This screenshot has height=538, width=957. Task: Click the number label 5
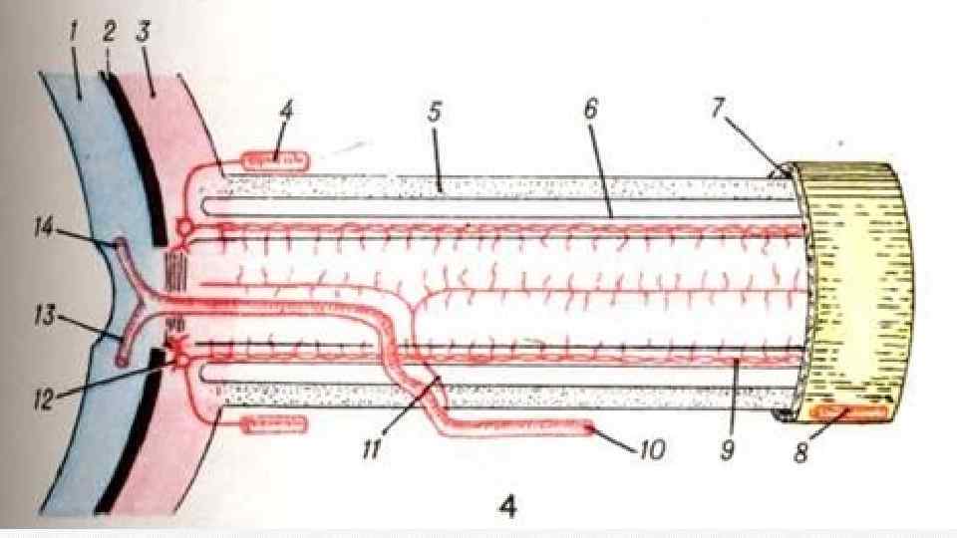click(435, 113)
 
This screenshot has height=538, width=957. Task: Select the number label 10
click(651, 450)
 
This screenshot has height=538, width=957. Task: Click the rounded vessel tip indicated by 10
click(592, 429)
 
